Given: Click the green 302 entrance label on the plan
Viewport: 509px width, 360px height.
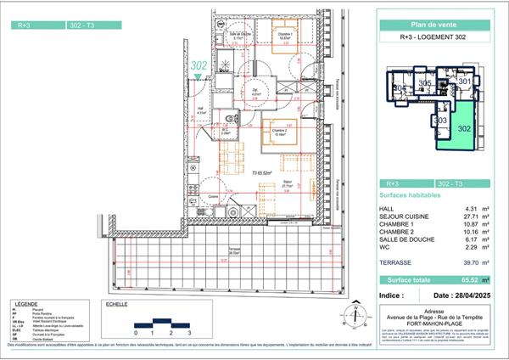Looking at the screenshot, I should click(x=199, y=65).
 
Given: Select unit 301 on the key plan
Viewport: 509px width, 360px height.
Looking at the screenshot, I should click(x=465, y=81).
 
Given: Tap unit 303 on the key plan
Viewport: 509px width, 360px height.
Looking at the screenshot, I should click(x=441, y=121).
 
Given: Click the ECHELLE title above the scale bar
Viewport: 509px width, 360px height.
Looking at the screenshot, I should click(x=114, y=303).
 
